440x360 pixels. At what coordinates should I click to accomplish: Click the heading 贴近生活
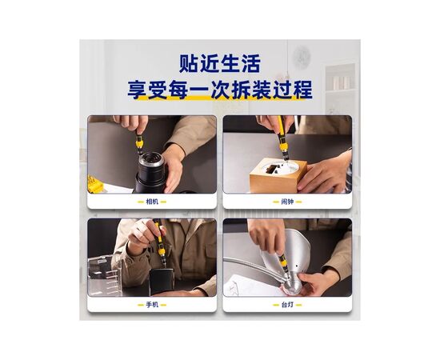tap(220, 64)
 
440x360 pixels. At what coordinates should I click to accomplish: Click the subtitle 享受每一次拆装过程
tap(220, 90)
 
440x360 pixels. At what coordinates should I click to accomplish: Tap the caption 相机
tap(152, 202)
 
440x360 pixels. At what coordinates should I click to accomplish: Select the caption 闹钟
tap(287, 202)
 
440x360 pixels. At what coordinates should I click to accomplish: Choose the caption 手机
tap(152, 305)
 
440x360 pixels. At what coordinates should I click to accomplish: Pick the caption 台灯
tap(287, 305)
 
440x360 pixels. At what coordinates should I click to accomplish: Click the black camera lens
tap(150, 173)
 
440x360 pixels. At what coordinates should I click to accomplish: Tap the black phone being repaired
tap(161, 282)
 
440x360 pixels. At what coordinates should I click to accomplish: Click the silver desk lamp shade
tap(292, 253)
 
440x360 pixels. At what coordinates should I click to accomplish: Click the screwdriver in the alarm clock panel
tap(282, 139)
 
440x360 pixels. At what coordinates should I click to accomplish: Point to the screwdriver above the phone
tap(160, 242)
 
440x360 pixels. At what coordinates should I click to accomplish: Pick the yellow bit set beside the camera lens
tap(95, 185)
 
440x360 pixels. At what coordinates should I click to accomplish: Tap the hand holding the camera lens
tap(173, 168)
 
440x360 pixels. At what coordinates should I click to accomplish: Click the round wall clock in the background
tap(302, 57)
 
